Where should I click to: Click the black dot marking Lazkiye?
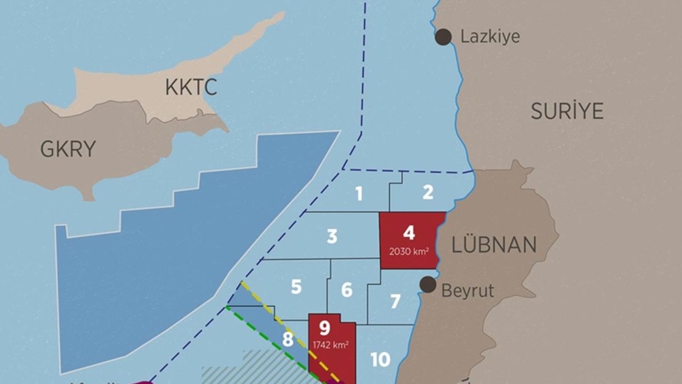tap(443, 37)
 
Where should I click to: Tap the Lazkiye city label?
tap(490, 38)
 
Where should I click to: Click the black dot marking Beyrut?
tap(428, 285)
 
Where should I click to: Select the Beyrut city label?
tap(468, 291)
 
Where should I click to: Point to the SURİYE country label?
tap(567, 112)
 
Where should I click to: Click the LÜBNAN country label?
tap(493, 245)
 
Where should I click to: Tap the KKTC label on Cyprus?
tap(192, 88)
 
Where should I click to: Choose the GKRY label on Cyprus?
tap(68, 149)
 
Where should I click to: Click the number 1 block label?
tap(359, 194)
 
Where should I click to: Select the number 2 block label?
tap(428, 192)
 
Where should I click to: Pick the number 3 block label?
tap(332, 236)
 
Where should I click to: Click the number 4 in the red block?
tap(409, 232)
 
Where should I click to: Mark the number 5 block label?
tap(296, 287)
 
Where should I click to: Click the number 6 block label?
tap(347, 290)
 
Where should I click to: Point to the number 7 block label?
tap(396, 302)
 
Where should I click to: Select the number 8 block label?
tap(288, 340)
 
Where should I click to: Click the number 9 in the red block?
tap(325, 328)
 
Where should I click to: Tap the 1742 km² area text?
tap(331, 344)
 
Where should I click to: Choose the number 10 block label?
tap(380, 360)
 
